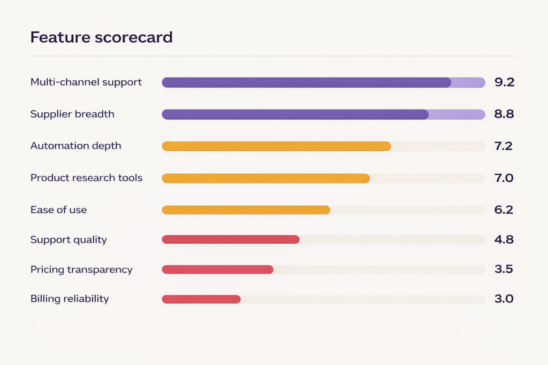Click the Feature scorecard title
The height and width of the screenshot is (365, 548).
click(101, 37)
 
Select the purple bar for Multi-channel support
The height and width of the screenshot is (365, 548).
click(306, 82)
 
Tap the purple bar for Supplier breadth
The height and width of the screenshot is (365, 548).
click(295, 114)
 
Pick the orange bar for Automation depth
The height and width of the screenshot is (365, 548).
click(276, 146)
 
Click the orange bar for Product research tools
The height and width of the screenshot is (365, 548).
click(265, 178)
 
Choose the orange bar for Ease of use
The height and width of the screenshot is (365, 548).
click(246, 210)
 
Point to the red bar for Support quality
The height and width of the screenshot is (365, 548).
click(230, 239)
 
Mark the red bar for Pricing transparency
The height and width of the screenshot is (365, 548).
click(217, 269)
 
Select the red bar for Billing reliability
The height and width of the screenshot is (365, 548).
click(201, 299)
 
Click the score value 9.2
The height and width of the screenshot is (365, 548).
click(504, 82)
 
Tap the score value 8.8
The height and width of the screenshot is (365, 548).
click(504, 114)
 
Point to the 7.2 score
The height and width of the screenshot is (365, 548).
click(504, 146)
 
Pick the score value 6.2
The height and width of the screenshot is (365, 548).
click(504, 210)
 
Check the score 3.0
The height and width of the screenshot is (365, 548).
click(504, 299)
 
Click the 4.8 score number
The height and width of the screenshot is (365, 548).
click(504, 239)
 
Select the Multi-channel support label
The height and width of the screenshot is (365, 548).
click(86, 82)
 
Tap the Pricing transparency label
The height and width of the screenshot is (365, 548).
click(81, 269)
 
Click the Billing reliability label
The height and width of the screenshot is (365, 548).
click(70, 299)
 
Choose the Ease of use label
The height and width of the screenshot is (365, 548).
click(58, 210)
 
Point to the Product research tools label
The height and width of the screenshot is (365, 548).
click(86, 178)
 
